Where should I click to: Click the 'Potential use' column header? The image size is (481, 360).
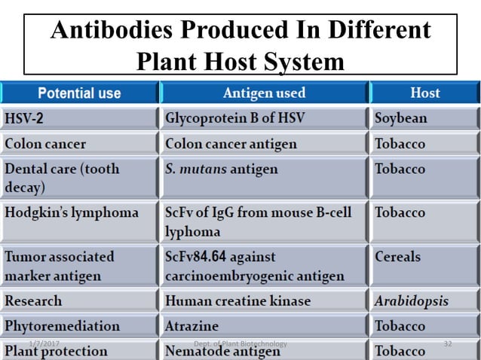pos(79,93)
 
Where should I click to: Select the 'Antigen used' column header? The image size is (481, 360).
pos(264,93)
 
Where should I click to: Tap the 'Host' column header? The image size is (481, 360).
pos(424,93)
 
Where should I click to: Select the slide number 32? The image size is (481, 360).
pos(447,343)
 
